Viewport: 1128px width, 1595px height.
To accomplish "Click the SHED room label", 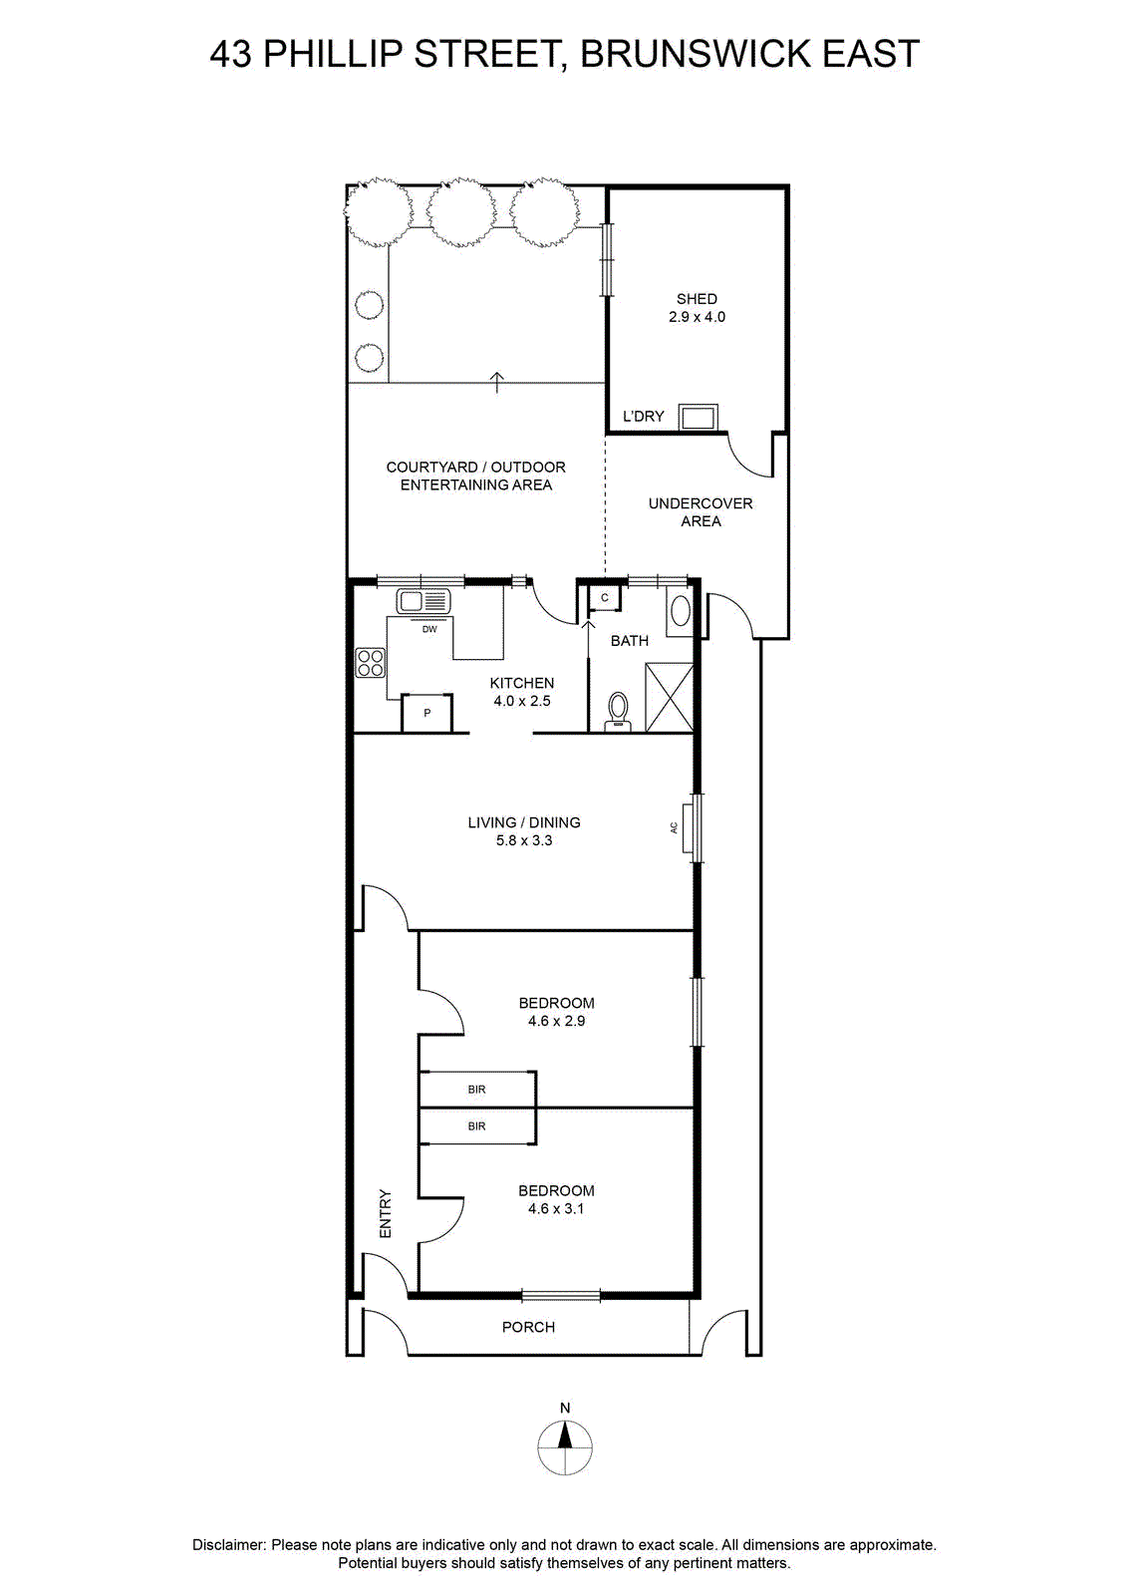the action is tap(696, 299).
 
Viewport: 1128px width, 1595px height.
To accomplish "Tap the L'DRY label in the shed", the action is tap(643, 416).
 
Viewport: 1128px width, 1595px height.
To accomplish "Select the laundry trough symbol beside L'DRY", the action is tap(698, 418).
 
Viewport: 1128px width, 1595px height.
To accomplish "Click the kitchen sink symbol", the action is tap(423, 602).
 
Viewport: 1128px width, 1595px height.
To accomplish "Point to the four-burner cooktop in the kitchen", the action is tap(370, 662).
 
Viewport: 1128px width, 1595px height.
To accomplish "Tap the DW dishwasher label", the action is tap(429, 629).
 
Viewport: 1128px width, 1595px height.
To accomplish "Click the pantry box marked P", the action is tap(426, 712).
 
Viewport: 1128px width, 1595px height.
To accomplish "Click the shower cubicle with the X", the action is tap(669, 697).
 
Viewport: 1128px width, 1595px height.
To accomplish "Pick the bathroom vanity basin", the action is tap(681, 612).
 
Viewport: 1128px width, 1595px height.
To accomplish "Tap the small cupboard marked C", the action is tap(604, 597).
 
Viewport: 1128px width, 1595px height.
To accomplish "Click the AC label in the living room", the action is tap(674, 827).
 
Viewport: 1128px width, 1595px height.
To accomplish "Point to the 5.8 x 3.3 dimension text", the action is tap(524, 840).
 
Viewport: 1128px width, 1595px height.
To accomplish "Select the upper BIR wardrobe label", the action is tap(477, 1090).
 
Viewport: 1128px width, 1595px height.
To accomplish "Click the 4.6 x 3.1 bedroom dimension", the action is tap(556, 1208).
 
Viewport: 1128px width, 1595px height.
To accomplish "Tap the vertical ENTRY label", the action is tap(385, 1213).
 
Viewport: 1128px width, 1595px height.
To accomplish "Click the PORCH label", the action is tap(528, 1327).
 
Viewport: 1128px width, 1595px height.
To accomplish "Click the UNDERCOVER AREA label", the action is tap(701, 512).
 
